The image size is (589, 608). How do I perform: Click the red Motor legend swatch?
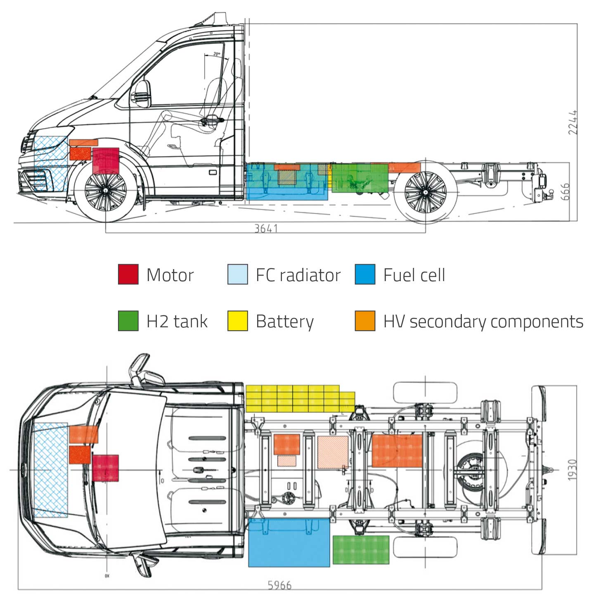click(x=128, y=274)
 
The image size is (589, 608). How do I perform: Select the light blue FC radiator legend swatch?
click(x=237, y=274)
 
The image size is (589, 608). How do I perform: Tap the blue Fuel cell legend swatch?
click(x=365, y=274)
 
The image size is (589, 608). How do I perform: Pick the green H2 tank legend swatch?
click(x=128, y=321)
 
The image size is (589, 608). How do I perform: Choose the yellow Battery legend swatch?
click(x=237, y=321)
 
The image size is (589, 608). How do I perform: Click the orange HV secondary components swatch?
click(x=365, y=321)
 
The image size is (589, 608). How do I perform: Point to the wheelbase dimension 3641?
click(x=266, y=228)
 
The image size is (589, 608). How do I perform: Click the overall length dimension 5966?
click(x=279, y=585)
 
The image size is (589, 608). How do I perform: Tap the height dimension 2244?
click(x=572, y=122)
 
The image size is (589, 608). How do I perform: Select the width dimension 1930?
click(x=572, y=470)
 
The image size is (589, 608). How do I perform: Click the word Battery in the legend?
click(x=284, y=322)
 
